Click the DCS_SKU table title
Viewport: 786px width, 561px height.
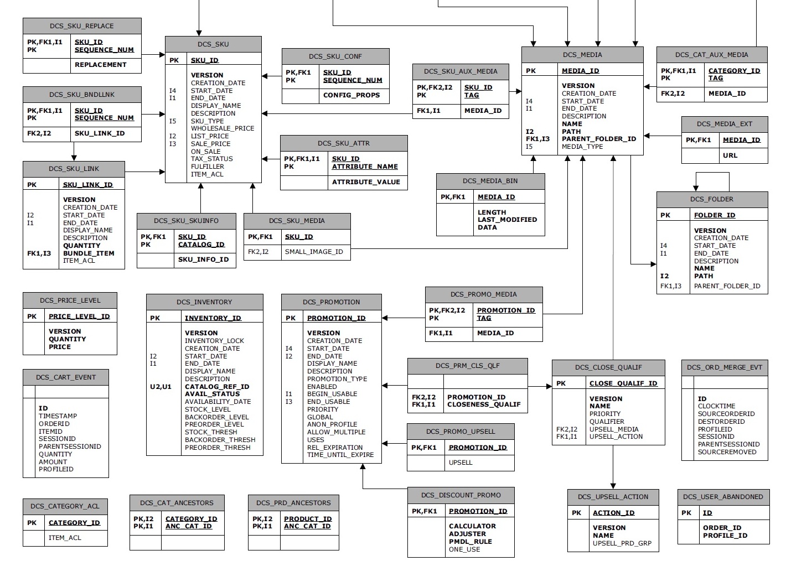click(213, 44)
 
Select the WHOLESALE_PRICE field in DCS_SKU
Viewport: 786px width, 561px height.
click(223, 128)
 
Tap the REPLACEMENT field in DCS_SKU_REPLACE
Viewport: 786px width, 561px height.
click(100, 65)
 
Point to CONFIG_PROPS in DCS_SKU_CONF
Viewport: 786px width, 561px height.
click(351, 95)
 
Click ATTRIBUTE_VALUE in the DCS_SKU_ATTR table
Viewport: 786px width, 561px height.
click(365, 182)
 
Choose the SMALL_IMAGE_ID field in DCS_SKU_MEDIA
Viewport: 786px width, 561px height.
click(314, 252)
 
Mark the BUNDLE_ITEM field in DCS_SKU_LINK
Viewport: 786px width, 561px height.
click(89, 253)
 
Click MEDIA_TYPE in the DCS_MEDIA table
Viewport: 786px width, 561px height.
click(582, 147)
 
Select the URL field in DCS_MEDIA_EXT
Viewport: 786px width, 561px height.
click(730, 155)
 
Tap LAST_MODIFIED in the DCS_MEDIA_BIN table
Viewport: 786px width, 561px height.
click(507, 220)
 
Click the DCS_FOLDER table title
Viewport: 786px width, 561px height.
click(711, 199)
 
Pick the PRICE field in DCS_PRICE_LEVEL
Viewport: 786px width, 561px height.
click(60, 347)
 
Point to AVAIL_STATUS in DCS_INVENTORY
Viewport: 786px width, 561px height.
click(212, 394)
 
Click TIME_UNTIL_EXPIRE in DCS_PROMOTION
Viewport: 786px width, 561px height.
click(340, 455)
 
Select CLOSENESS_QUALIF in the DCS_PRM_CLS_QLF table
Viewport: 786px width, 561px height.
click(484, 404)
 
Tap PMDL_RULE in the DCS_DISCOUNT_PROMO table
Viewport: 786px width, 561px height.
click(470, 542)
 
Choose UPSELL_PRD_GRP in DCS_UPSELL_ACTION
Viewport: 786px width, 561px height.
click(622, 543)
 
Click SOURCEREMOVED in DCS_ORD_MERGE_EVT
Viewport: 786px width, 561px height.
click(727, 452)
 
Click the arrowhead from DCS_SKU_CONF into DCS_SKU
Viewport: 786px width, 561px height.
click(265, 76)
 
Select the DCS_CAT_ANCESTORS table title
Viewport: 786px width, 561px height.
click(177, 503)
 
